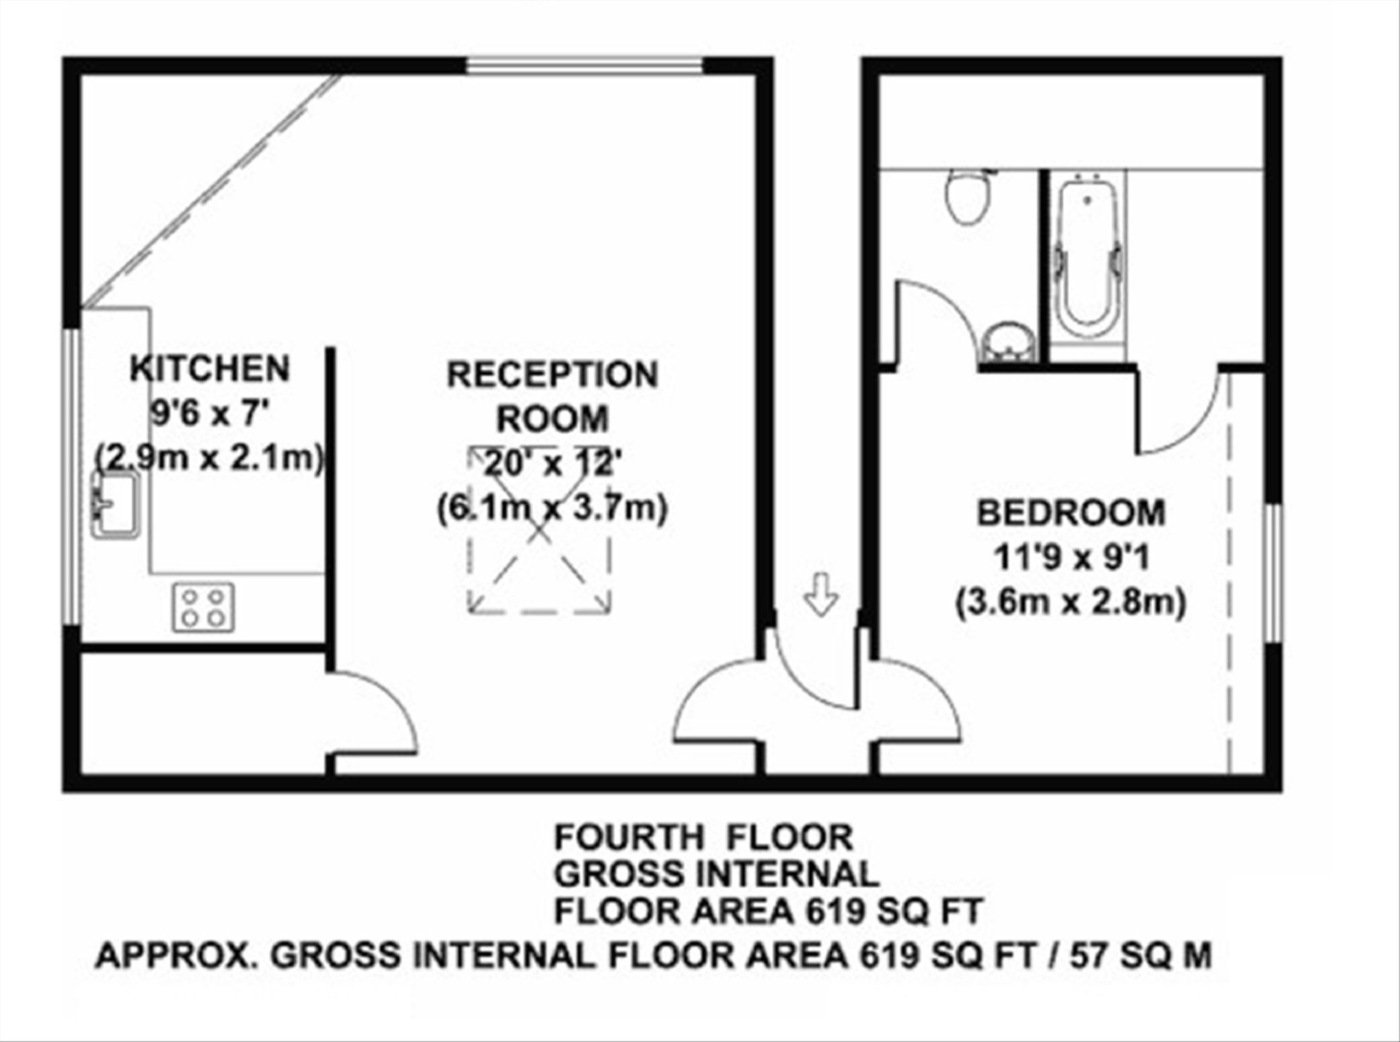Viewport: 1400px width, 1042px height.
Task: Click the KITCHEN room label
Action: coord(209,369)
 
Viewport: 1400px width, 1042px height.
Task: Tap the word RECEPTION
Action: coord(552,375)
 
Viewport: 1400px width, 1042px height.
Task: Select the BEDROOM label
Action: coord(1071,513)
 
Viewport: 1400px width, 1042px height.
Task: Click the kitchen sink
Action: coord(115,506)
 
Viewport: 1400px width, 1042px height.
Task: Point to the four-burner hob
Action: coord(203,607)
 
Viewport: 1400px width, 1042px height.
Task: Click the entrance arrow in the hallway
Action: coord(821,593)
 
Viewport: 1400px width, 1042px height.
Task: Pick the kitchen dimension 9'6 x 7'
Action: coord(209,415)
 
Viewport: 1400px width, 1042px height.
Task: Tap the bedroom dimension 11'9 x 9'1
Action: coord(1071,557)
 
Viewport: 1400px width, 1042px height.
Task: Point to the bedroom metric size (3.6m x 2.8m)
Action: coord(1071,603)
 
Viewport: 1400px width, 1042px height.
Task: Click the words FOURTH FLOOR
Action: coord(704,837)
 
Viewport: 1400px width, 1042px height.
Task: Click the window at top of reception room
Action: coord(585,66)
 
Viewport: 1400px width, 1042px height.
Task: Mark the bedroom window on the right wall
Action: coord(1273,573)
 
